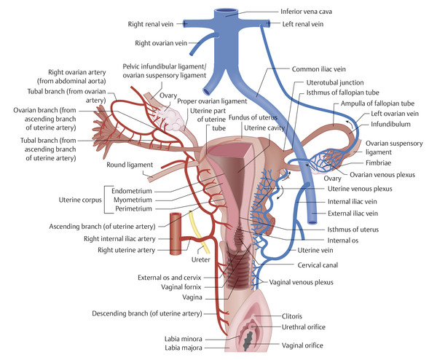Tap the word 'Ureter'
(x=199, y=259)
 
